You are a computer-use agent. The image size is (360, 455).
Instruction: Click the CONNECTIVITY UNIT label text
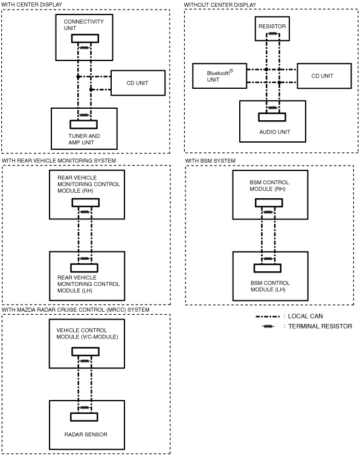point(83,25)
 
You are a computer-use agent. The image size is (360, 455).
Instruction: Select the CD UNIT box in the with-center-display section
point(138,83)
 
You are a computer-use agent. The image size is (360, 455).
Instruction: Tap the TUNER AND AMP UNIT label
point(84,140)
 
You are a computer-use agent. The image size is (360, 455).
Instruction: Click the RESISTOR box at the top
point(272,28)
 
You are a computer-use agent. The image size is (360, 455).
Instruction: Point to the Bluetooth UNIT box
point(220,76)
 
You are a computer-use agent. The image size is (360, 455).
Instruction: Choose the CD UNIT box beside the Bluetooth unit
point(324,76)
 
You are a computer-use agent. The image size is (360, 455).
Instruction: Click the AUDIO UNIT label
point(274,132)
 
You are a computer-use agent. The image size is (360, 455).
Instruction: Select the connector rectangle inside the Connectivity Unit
point(85,38)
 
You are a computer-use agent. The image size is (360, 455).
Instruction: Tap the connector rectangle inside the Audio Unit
point(272,117)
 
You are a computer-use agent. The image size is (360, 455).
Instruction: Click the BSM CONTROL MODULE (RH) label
point(269,186)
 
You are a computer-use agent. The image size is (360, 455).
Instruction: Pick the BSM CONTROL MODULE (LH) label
point(270,286)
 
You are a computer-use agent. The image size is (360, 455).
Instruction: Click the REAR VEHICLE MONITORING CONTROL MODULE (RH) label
point(88,184)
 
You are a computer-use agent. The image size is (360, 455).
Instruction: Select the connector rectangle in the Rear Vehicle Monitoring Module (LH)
point(85,268)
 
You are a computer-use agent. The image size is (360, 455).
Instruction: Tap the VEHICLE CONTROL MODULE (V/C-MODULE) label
point(87,334)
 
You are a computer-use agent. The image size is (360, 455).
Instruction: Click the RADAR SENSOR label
point(86,434)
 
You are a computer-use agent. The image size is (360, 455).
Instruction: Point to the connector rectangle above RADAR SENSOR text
point(84,417)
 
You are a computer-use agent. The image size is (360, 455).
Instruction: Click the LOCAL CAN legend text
point(305,316)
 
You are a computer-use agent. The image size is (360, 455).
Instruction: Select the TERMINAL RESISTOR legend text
point(320,326)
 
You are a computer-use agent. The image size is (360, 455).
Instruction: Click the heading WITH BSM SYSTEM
point(210,161)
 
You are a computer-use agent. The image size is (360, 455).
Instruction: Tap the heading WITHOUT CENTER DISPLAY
point(220,5)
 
